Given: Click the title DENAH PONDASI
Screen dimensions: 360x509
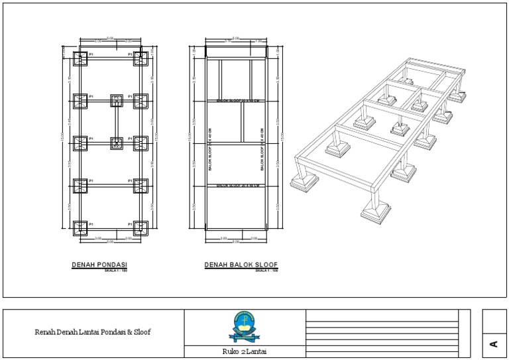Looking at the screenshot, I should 99,265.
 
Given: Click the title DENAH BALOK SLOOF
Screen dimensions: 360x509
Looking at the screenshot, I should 241,265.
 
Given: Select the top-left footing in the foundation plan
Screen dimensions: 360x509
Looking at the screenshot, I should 80,59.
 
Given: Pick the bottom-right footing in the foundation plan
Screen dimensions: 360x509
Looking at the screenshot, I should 141,228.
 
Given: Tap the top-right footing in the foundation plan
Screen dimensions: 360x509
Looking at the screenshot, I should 141,59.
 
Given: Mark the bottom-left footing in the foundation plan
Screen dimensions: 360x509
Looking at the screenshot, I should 80,228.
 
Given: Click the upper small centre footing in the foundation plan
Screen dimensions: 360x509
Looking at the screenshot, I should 117,100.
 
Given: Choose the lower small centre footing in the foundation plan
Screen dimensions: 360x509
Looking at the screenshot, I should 117,143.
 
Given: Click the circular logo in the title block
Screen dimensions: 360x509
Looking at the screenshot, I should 245,324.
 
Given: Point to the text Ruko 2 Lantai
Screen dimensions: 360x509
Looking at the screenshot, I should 245,351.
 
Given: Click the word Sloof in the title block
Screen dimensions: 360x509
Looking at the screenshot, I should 141,331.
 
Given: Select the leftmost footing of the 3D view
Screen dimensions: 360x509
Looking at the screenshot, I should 304,179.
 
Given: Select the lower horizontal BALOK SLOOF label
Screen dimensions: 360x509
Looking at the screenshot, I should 237,186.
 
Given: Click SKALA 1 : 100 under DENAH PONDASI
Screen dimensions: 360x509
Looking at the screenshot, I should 115,270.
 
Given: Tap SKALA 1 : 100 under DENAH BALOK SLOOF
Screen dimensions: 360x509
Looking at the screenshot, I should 266,270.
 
